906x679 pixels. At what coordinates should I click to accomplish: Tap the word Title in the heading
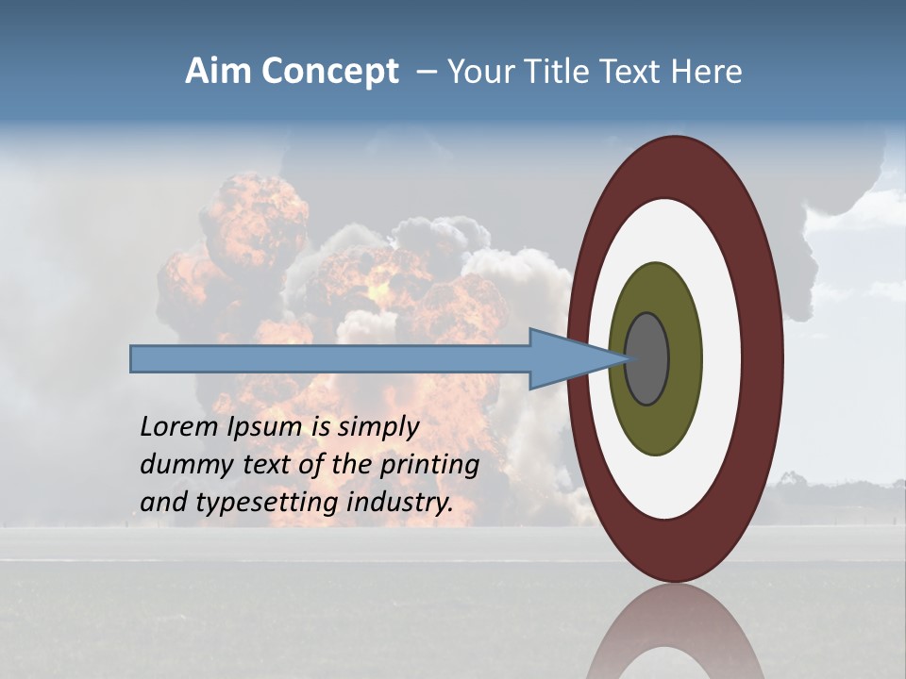555,72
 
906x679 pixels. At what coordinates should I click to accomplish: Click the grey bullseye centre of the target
647,359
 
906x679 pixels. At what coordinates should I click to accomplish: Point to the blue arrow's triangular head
566,359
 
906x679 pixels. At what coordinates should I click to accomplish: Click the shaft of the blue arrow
330,359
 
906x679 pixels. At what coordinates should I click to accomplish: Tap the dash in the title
426,73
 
